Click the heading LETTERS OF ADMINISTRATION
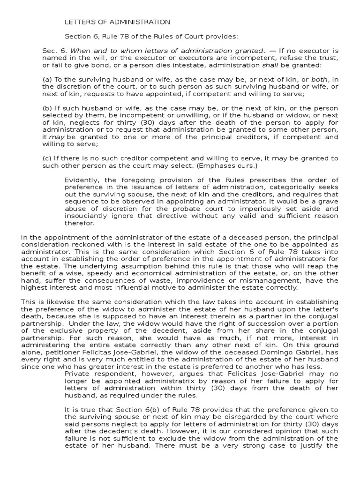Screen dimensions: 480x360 pos(117,22)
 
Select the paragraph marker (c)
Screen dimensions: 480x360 pos(47,158)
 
